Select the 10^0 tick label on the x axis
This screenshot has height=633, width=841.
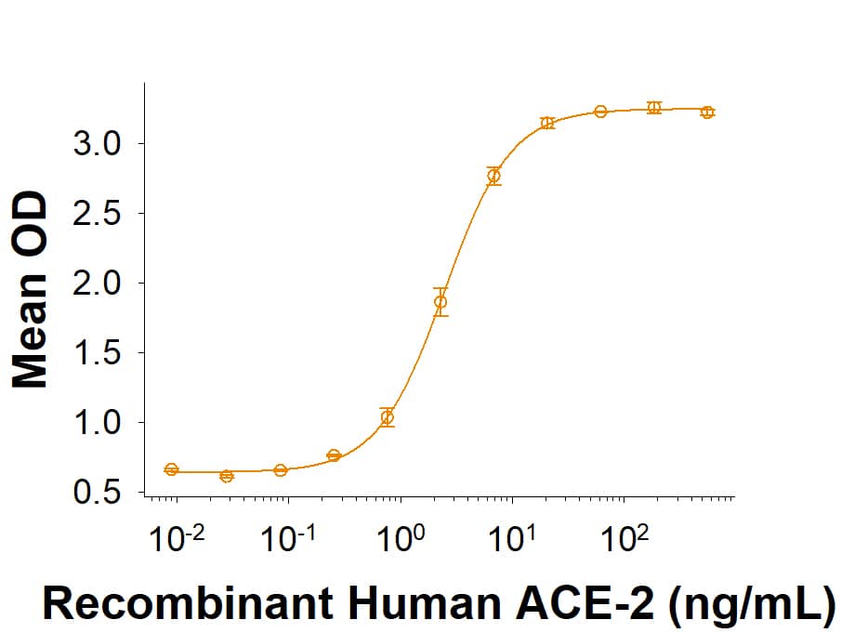pyautogui.click(x=401, y=537)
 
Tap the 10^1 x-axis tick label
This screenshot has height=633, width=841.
pyautogui.click(x=513, y=537)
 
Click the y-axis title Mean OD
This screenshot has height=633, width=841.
pyautogui.click(x=32, y=289)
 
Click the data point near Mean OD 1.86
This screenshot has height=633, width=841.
pyautogui.click(x=440, y=301)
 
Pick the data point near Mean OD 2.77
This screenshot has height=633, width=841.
pyautogui.click(x=493, y=176)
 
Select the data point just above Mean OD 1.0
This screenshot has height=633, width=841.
pyautogui.click(x=388, y=417)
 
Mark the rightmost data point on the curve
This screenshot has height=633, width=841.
pyautogui.click(x=707, y=112)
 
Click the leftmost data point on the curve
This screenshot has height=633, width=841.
pyautogui.click(x=171, y=469)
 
